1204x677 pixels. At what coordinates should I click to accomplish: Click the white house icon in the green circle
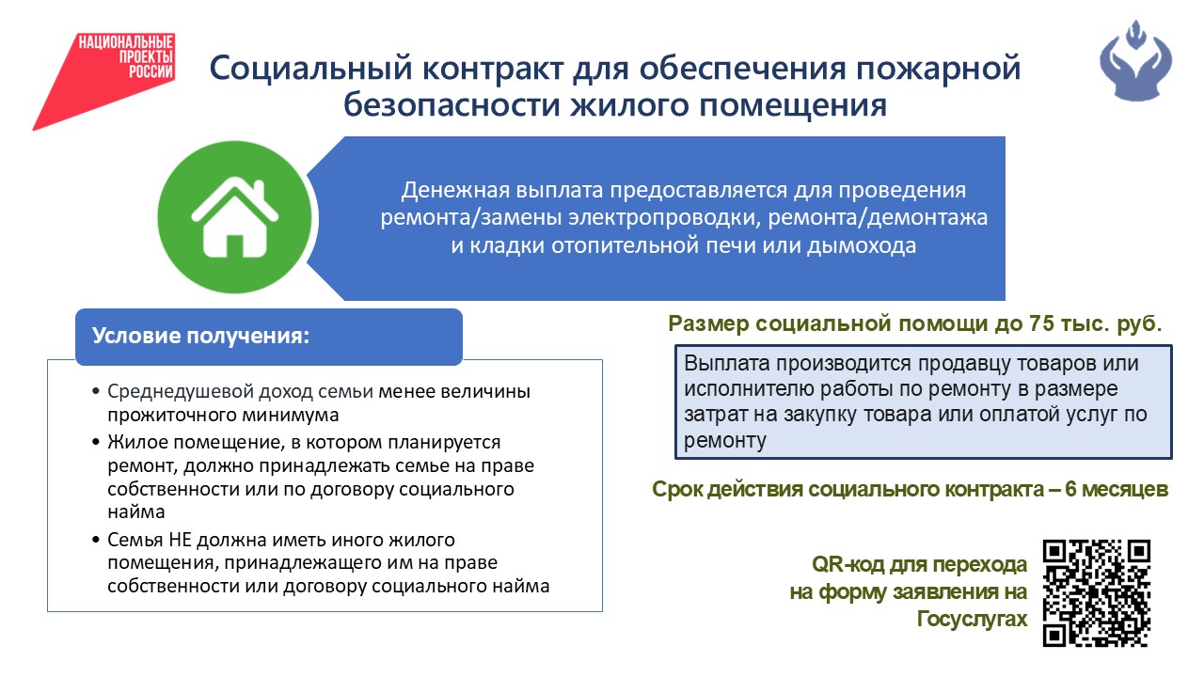pos(235,218)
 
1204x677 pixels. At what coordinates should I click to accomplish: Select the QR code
pos(1097,593)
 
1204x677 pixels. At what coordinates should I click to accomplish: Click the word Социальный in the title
pos(310,69)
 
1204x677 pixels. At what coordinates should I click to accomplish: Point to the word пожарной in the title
pos(938,70)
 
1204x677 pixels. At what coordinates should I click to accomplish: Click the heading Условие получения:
pos(201,336)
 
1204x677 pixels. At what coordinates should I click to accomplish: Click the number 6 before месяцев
pos(1070,489)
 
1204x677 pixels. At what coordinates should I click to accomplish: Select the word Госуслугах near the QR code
pos(972,619)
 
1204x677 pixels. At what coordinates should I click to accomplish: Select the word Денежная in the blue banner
pos(456,190)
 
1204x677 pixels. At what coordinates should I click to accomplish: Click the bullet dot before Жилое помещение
pos(96,443)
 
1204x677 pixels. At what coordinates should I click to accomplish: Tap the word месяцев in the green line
pos(1125,490)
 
